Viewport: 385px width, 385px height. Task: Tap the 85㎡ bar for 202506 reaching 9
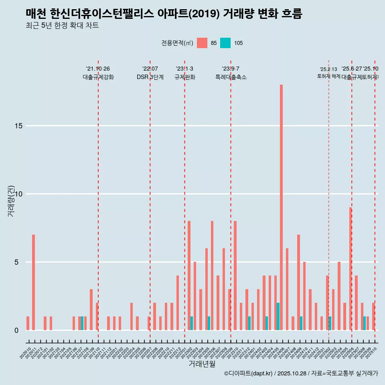point(350,269)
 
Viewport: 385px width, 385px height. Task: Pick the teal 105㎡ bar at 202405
point(278,316)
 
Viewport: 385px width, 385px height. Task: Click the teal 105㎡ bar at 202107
point(82,323)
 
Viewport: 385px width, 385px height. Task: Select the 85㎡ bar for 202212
point(177,303)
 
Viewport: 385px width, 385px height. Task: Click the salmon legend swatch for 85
point(202,43)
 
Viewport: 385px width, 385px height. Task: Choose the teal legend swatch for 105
point(225,43)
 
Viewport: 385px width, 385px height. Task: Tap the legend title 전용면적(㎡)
point(177,43)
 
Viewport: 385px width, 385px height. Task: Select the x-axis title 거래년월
point(202,364)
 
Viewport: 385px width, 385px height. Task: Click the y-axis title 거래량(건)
point(11,201)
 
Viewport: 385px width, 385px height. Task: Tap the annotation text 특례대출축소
point(231,77)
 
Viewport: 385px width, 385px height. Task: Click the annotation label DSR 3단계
point(150,77)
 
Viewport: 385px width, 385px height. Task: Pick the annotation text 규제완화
point(184,77)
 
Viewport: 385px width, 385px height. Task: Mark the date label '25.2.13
point(328,69)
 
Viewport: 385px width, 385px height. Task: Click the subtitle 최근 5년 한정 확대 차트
point(62,26)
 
